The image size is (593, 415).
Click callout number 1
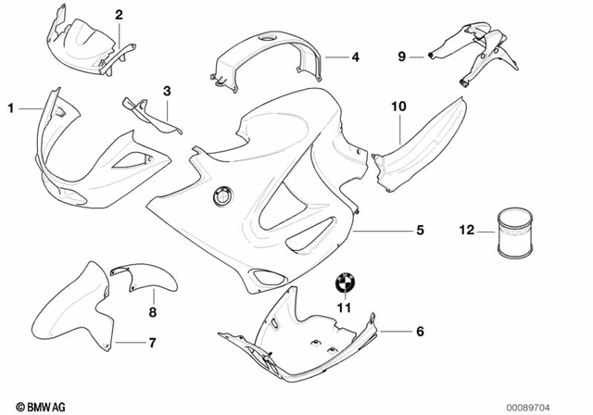[12, 108]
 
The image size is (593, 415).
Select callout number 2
[119, 14]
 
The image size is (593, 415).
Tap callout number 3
[167, 91]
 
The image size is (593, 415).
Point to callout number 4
[355, 57]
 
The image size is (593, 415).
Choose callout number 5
[393, 230]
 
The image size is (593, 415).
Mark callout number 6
[419, 331]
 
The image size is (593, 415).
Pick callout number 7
[153, 344]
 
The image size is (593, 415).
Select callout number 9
[402, 57]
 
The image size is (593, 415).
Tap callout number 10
[398, 108]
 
